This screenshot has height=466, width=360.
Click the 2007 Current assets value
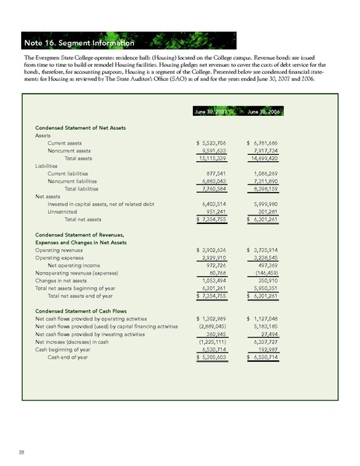click(x=212, y=145)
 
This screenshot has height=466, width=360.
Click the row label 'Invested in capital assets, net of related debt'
click(x=104, y=205)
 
